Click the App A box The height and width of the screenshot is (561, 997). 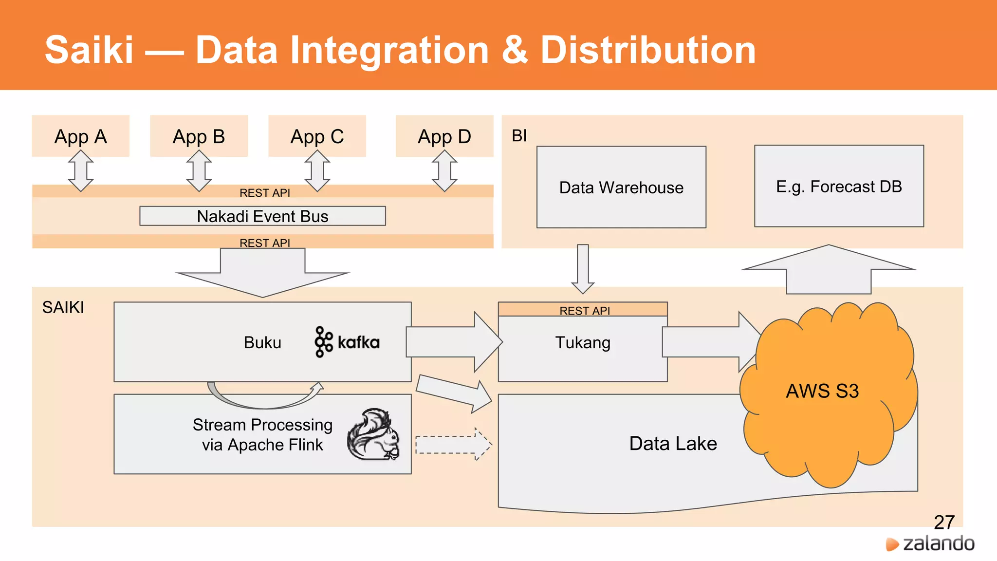point(81,136)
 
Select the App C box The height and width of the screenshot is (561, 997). point(317,136)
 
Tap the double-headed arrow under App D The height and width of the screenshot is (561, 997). point(444,171)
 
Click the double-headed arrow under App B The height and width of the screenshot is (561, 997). point(199,171)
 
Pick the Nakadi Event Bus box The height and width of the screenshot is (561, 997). point(262,216)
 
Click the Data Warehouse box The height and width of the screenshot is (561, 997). point(621,187)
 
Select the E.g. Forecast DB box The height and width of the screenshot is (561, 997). point(839,186)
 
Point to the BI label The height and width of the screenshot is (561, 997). point(519,135)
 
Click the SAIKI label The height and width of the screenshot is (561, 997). point(63,307)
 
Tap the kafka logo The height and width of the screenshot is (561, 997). point(347,342)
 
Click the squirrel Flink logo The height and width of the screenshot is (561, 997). point(373,435)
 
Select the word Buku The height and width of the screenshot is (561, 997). point(262,342)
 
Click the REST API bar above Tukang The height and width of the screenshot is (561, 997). point(583,310)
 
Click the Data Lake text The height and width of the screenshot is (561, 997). point(673,444)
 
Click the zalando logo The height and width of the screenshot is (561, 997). point(930,543)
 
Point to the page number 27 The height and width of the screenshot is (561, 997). point(944,522)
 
